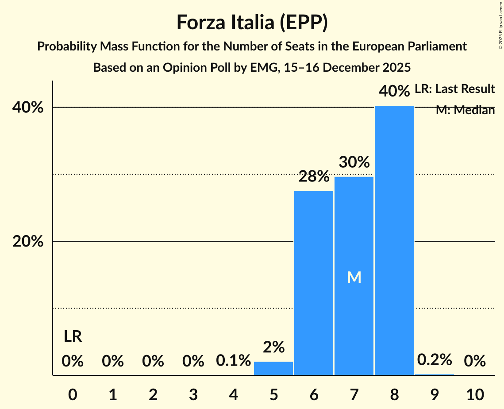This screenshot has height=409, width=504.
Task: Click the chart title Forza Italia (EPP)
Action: click(x=252, y=22)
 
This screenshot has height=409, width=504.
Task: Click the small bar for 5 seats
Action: click(x=273, y=368)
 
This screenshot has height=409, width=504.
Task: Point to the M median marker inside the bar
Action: click(x=354, y=278)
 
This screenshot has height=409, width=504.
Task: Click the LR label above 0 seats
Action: click(x=73, y=336)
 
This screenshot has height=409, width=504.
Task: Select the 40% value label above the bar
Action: click(x=394, y=91)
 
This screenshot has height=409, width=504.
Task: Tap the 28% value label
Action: click(x=314, y=177)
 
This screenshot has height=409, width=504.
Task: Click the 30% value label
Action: click(x=354, y=162)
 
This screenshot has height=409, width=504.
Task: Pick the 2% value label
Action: click(x=273, y=347)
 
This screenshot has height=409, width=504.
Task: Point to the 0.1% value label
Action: click(x=233, y=361)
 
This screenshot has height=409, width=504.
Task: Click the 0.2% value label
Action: click(x=435, y=360)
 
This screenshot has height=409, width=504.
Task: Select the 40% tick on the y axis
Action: click(x=31, y=108)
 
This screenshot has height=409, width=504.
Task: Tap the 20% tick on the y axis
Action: click(x=31, y=242)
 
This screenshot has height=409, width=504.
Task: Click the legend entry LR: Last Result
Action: click(x=454, y=89)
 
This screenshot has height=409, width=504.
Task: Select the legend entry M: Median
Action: click(x=465, y=110)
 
